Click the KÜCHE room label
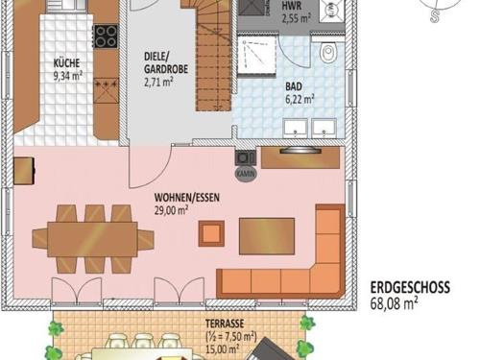(x=66, y=62)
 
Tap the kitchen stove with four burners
(x=106, y=36)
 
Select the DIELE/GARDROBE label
(x=166, y=62)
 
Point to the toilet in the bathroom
(x=328, y=52)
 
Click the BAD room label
(x=294, y=86)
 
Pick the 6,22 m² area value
(x=300, y=99)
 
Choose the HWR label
(x=292, y=6)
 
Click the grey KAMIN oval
(x=246, y=174)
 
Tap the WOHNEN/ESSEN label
(x=187, y=198)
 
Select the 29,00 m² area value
(x=171, y=211)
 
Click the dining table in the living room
(x=93, y=239)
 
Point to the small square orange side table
(x=211, y=233)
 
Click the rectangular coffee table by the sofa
(x=267, y=236)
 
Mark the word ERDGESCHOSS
(x=410, y=287)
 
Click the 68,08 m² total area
(x=394, y=303)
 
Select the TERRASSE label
(x=225, y=324)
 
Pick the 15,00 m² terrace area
(x=223, y=349)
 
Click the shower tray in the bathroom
(x=256, y=55)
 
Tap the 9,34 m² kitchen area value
(x=68, y=76)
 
